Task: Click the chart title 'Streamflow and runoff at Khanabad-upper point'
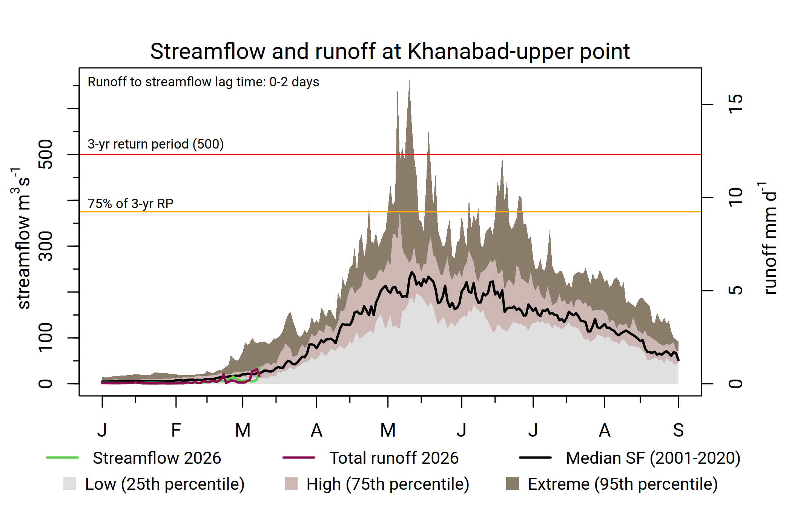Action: (x=390, y=51)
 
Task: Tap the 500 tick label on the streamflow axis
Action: (x=46, y=154)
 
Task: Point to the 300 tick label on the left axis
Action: (x=46, y=246)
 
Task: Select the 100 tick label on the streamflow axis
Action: (x=46, y=337)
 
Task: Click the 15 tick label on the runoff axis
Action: (x=735, y=104)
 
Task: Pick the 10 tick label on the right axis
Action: (x=735, y=197)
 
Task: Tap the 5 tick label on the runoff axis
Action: (x=735, y=290)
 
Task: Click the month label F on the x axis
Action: (x=176, y=430)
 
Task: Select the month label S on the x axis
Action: (x=678, y=430)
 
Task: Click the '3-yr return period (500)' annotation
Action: (x=155, y=144)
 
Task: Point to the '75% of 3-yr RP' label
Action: (x=130, y=204)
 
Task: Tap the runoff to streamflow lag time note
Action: (x=203, y=82)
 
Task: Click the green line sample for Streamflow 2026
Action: (x=62, y=458)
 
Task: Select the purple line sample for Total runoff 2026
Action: (x=299, y=458)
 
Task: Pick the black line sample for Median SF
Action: (x=535, y=458)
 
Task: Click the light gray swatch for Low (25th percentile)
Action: (x=70, y=484)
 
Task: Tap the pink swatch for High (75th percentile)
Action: (x=291, y=484)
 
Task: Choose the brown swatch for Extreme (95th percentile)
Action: (x=512, y=484)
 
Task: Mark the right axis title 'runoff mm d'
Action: (x=769, y=241)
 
